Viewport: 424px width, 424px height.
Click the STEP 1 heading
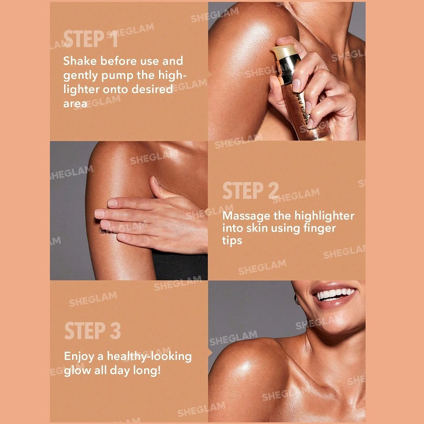pyautogui.click(x=91, y=39)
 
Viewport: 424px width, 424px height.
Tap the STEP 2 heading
pyautogui.click(x=250, y=190)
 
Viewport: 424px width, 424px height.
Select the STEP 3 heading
pyautogui.click(x=92, y=330)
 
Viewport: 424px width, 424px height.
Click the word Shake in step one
pyautogui.click(x=80, y=61)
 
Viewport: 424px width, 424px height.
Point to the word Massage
pyautogui.click(x=246, y=216)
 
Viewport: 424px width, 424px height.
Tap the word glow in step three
pyautogui.click(x=77, y=370)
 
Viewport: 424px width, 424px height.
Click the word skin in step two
pyautogui.click(x=257, y=228)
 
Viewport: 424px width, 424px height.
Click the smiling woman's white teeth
pyautogui.click(x=335, y=294)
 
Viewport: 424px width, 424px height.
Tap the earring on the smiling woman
pyautogui.click(x=297, y=300)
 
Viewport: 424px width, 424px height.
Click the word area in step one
pyautogui.click(x=75, y=104)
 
